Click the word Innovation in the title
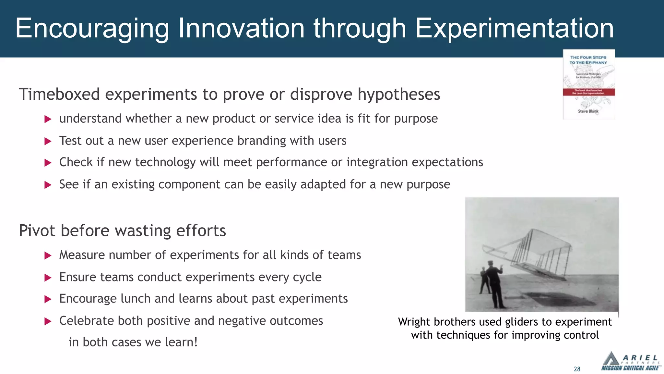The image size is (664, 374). pos(241,29)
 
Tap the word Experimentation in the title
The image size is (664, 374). pos(514,29)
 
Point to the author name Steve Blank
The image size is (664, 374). pos(588,111)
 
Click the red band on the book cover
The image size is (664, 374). pos(588,92)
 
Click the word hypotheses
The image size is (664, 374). pos(399,94)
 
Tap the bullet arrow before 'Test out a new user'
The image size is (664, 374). pos(48,141)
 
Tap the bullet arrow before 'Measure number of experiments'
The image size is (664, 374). pos(48,256)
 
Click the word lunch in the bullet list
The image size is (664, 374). pos(136,299)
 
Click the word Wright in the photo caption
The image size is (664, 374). pos(414,322)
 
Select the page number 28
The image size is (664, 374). pos(577,369)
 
